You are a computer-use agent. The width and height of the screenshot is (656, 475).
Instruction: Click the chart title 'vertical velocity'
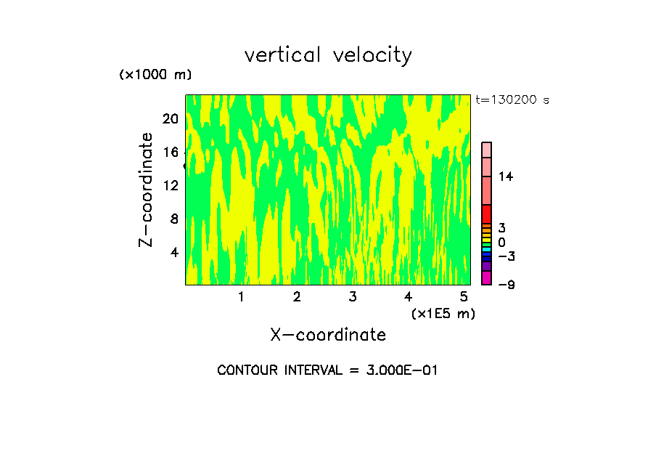328,55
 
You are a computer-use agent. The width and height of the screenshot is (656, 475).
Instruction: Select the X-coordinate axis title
328,335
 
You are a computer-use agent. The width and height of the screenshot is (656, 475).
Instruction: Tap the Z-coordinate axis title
147,190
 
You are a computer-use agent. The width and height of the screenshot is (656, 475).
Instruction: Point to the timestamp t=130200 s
512,100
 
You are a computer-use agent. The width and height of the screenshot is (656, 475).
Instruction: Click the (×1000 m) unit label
155,76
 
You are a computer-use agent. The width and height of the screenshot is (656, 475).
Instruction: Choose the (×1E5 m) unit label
443,313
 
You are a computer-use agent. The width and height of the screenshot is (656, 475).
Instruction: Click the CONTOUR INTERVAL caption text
328,370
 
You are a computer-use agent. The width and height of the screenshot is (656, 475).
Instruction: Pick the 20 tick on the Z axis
171,118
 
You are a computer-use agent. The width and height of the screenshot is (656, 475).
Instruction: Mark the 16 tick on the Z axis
171,152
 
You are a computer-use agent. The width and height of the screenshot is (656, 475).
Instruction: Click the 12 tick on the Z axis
171,185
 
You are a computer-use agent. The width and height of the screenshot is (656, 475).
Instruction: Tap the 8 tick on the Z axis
174,219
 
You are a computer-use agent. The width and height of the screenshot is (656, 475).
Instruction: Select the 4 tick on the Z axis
174,252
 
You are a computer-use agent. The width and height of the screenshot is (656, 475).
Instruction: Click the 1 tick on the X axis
241,297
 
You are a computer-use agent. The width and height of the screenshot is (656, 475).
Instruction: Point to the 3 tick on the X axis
353,297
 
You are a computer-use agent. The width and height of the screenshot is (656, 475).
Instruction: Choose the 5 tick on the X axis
464,297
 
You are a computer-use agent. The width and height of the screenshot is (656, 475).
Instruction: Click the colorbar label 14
506,176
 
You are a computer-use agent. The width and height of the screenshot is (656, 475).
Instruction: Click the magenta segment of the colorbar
486,278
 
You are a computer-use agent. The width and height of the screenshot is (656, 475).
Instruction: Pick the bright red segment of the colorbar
486,214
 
